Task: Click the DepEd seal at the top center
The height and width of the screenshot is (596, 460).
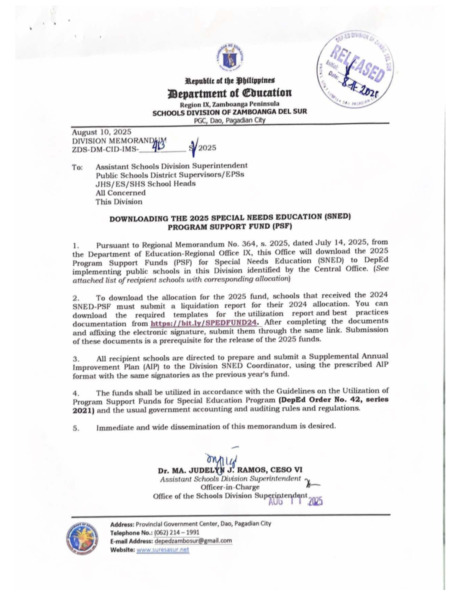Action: [230, 57]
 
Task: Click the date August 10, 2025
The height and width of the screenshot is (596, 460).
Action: [102, 132]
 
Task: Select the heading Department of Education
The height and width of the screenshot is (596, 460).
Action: [229, 93]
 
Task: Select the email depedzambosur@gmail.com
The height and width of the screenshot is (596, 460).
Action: [193, 541]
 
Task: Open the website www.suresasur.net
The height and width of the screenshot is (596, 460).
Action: [163, 550]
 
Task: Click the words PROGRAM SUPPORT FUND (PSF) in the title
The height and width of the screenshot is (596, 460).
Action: [230, 226]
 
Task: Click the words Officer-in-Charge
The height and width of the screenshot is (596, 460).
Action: [230, 487]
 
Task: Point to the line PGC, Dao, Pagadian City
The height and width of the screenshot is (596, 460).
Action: [230, 120]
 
